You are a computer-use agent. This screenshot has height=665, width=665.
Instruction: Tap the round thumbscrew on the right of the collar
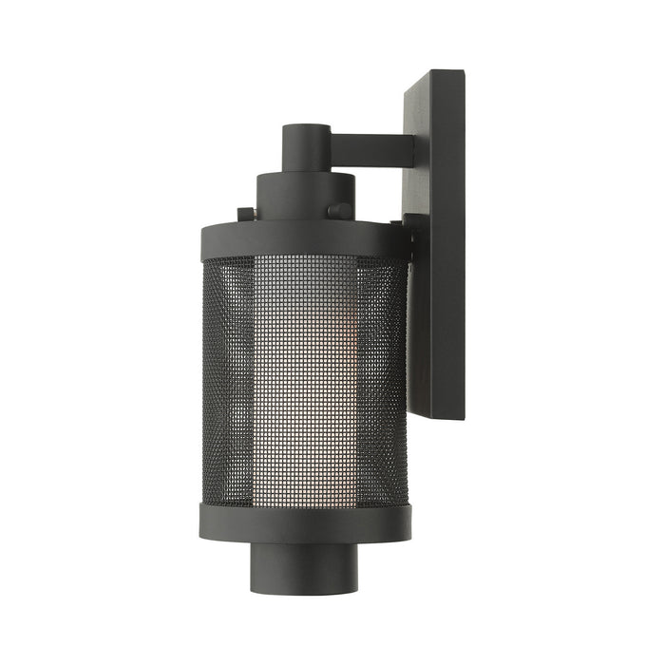339,211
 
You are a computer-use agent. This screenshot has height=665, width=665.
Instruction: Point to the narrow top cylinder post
307,152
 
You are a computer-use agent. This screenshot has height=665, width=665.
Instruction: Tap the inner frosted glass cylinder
304,380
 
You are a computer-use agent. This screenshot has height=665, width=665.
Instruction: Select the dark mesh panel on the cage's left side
228,380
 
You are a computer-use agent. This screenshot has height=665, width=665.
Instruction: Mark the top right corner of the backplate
465,71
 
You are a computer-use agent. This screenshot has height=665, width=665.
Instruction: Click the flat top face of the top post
307,128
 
